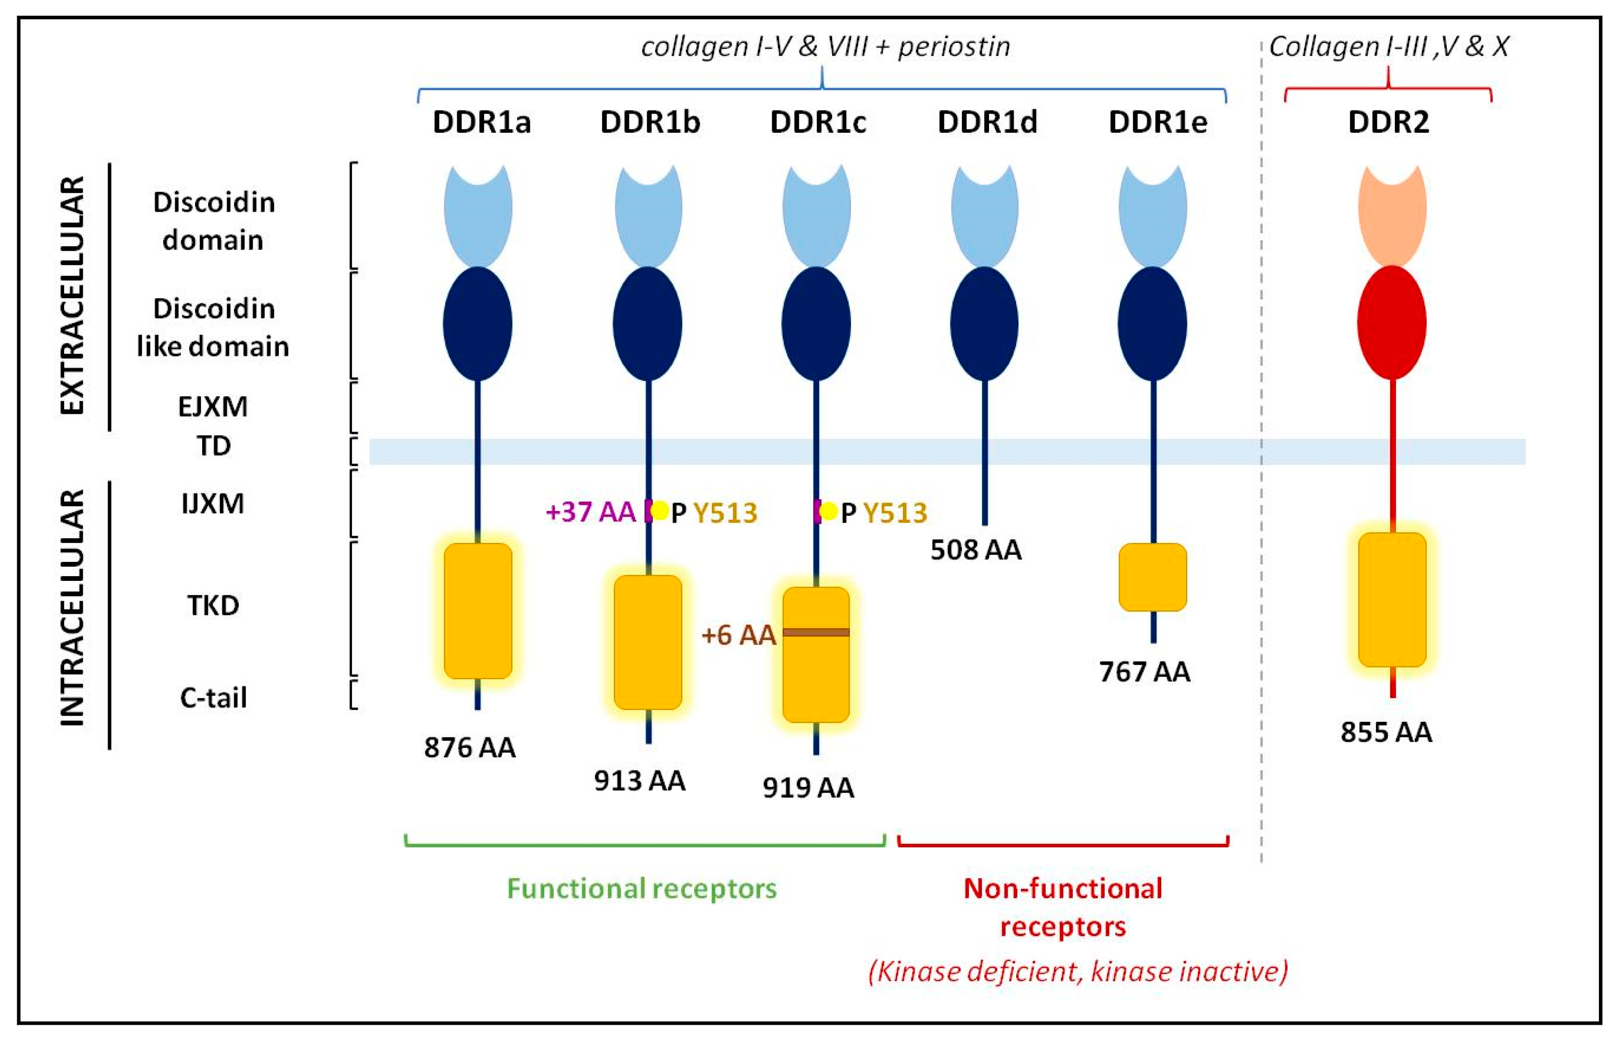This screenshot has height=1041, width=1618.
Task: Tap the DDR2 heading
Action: [x=1388, y=122]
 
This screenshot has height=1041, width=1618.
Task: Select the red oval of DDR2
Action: [x=1392, y=323]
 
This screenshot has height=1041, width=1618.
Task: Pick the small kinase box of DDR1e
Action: [x=1152, y=577]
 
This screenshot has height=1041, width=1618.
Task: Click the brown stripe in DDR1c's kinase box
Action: [x=816, y=632]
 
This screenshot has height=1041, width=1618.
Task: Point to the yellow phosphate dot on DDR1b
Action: [x=660, y=511]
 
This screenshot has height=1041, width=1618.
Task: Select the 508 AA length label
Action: [x=975, y=550]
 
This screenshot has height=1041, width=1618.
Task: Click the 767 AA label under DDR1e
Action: [x=1144, y=672]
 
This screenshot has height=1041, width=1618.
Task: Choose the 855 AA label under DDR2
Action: [x=1386, y=732]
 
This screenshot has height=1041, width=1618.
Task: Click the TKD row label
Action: [x=213, y=606]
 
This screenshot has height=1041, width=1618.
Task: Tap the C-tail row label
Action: [x=213, y=697]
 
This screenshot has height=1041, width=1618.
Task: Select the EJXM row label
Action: [x=213, y=407]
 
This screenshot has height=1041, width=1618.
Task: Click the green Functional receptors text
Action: [x=641, y=888]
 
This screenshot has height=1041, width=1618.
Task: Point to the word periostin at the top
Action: [x=954, y=47]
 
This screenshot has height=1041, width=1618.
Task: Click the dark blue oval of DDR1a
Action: [x=477, y=323]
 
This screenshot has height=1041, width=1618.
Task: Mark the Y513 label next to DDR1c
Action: [x=895, y=513]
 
